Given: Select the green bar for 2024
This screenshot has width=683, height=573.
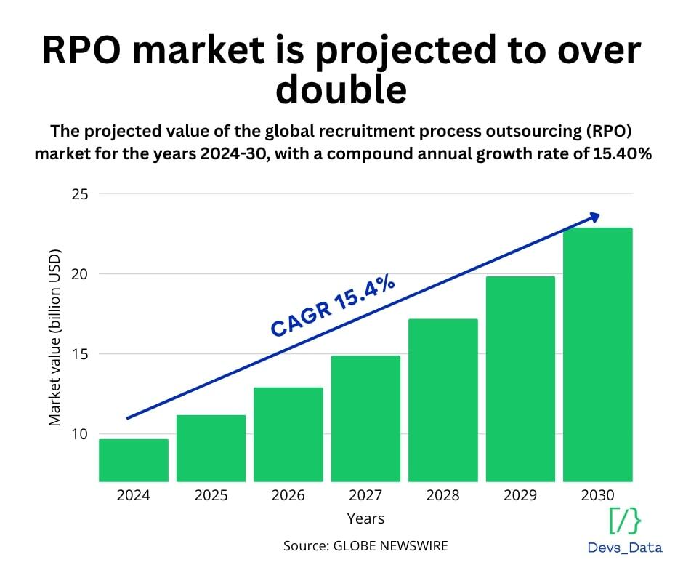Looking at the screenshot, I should click(134, 460).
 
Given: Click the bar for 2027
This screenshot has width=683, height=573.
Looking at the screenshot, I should click(365, 418).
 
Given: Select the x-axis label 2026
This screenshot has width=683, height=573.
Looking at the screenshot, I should click(288, 495).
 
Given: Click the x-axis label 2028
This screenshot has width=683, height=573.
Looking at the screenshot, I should click(443, 495).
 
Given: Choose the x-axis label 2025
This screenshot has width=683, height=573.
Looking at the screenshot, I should click(211, 495).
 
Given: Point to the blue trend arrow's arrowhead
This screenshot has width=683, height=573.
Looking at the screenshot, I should click(594, 217).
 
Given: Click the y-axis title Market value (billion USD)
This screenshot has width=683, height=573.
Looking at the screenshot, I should click(55, 337).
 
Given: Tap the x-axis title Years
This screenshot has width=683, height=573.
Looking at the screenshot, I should click(365, 518).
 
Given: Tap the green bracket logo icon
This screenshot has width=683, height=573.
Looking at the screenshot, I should click(625, 521).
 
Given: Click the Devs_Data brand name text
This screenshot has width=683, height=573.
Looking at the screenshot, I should click(625, 548).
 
